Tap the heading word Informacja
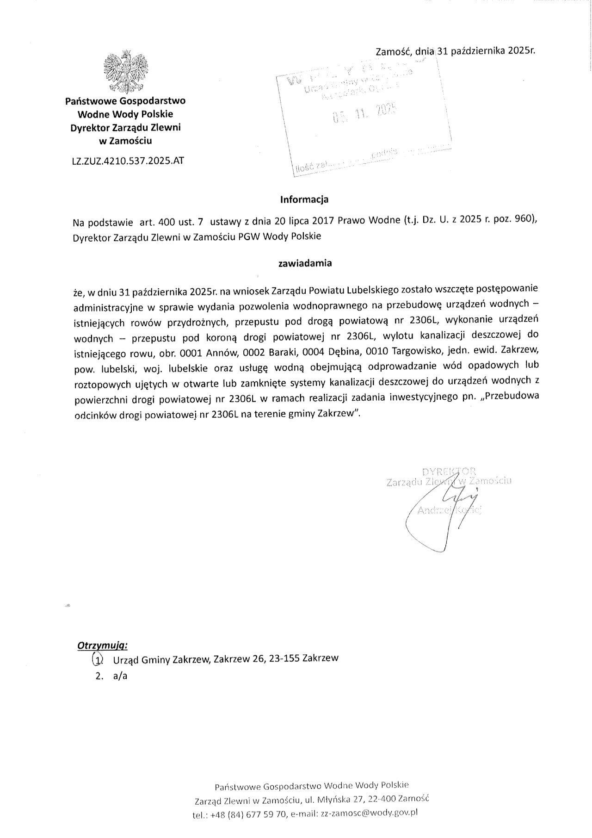304,200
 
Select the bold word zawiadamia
305,263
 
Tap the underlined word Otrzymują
103,645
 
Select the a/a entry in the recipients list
120,676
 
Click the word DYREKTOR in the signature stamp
449,472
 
